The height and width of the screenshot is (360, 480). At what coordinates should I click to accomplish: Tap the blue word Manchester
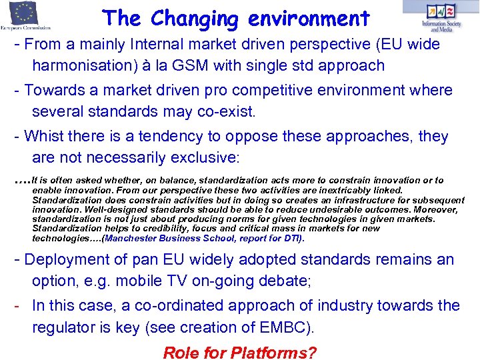132,238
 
